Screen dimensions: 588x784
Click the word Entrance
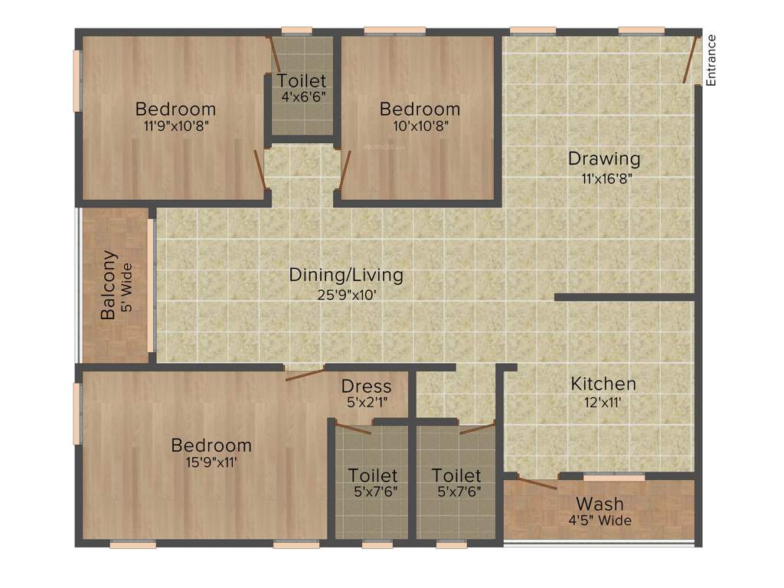coord(710,60)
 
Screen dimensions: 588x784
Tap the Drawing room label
coord(603,158)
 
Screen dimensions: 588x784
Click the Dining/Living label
coord(346,275)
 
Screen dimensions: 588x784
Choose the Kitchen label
coord(603,384)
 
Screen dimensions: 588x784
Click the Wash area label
coord(599,504)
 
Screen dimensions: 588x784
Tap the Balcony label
coord(109,285)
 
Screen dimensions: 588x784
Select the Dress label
coord(366,386)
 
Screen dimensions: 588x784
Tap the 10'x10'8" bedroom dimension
coord(420,126)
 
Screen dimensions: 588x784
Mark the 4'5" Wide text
coord(599,521)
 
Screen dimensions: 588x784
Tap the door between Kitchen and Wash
coord(537,481)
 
